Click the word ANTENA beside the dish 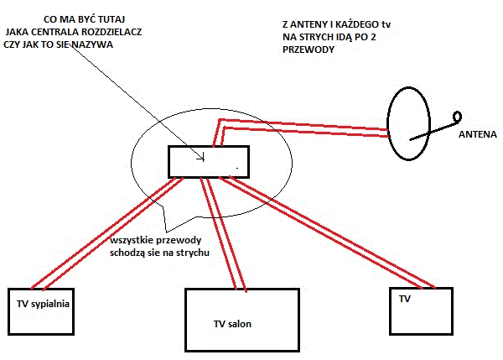(477, 134)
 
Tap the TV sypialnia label (43, 304)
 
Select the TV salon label (232, 324)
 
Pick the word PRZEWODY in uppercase (309, 50)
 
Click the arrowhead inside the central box (202, 158)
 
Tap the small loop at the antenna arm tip (458, 117)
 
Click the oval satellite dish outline (387, 123)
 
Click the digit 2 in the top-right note (373, 37)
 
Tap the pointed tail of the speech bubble (167, 232)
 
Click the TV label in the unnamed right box (405, 299)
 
